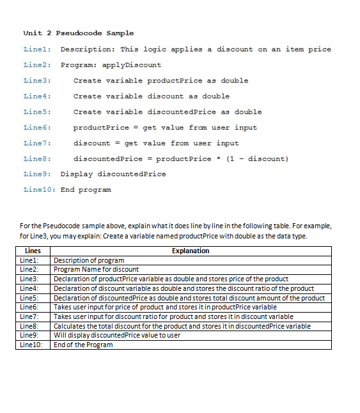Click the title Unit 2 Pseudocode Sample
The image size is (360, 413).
click(x=78, y=33)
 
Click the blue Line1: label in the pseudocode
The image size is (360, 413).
click(x=36, y=49)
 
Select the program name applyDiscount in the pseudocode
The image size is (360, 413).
click(x=132, y=65)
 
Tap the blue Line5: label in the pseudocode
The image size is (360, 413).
click(x=36, y=112)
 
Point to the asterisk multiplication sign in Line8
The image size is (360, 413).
click(x=218, y=159)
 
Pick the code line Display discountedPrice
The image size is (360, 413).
click(x=113, y=174)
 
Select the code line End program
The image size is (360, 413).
click(x=86, y=190)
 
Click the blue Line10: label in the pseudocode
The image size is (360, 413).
click(x=38, y=190)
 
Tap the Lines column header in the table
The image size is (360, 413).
click(x=33, y=251)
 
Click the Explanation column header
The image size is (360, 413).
click(x=191, y=251)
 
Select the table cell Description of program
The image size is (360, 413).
click(x=89, y=261)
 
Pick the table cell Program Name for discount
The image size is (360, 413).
click(x=96, y=270)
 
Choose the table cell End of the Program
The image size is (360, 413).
click(x=83, y=345)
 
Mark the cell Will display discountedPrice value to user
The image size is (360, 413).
click(x=117, y=336)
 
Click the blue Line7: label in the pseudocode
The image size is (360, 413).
click(x=36, y=143)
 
